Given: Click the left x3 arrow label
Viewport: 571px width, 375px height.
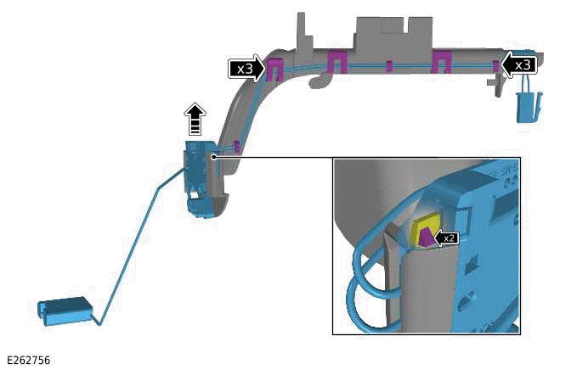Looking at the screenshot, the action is (245, 70).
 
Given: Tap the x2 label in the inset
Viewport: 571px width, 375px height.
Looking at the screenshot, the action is (448, 238).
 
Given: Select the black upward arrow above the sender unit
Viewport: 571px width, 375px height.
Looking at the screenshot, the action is (196, 119).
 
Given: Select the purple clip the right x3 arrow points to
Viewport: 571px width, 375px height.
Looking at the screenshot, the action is (495, 64).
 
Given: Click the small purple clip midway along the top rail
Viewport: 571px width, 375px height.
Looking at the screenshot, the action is (387, 66).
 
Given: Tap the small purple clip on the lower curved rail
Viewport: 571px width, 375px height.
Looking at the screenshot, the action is (237, 147).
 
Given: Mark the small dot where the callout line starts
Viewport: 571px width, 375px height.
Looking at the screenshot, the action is (214, 156).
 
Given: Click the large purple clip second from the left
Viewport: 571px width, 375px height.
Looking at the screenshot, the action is (336, 61).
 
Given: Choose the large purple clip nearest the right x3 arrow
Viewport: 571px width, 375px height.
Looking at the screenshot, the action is (440, 61).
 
